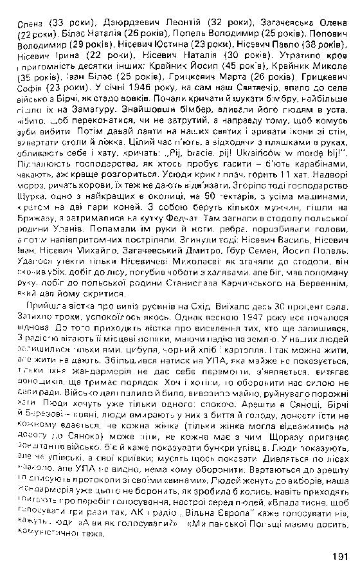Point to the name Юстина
(x=186, y=46)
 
